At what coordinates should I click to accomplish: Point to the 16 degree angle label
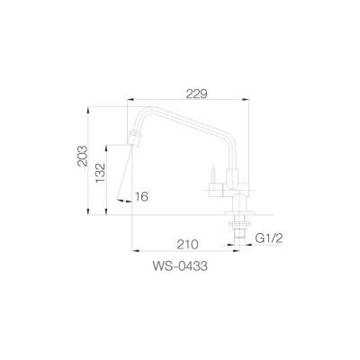140,196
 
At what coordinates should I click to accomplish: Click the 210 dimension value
187,242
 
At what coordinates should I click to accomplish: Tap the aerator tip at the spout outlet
135,140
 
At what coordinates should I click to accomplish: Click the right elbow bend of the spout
230,135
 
